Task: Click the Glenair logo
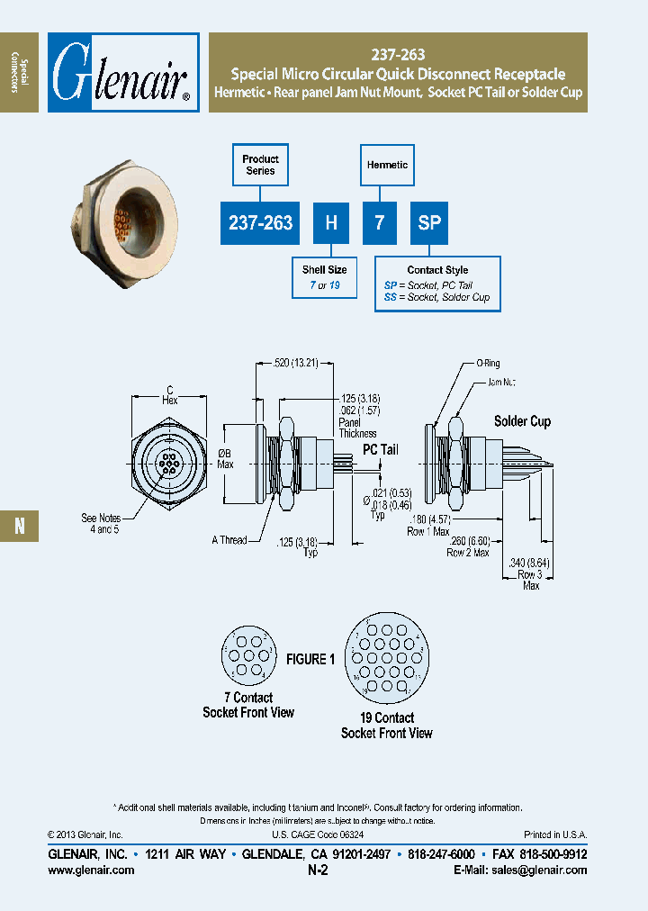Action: (x=122, y=73)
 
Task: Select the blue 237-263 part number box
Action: (x=261, y=222)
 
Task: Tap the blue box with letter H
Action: (x=331, y=222)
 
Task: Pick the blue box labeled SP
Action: (x=429, y=222)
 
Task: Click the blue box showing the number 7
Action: (x=380, y=222)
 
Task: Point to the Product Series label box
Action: (x=261, y=165)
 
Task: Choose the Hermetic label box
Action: (x=387, y=165)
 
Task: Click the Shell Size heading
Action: (x=324, y=270)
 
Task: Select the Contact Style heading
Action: (x=437, y=270)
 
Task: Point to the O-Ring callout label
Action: (x=489, y=365)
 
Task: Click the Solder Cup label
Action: (x=522, y=421)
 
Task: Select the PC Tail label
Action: (x=380, y=449)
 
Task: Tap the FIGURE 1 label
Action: (x=310, y=659)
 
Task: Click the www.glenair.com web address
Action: (x=90, y=870)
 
